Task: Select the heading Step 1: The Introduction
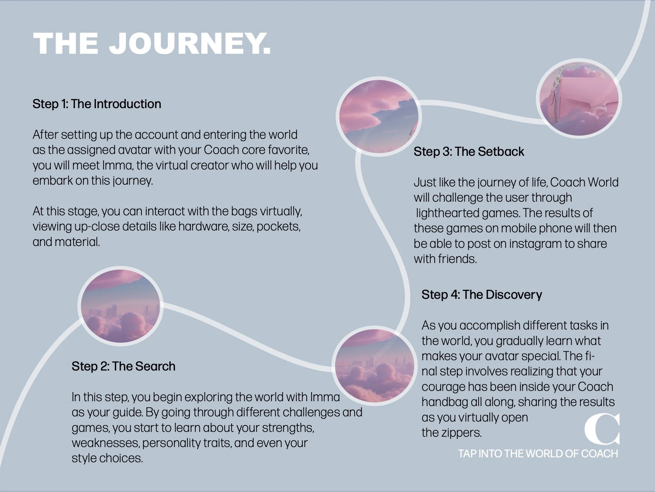coord(97,104)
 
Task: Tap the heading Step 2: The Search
coord(123,366)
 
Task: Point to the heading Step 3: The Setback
coord(469,152)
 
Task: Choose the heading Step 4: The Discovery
coord(482,295)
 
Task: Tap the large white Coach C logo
coord(602,428)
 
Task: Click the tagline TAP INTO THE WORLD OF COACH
coord(538,454)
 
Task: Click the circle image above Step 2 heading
coord(120,306)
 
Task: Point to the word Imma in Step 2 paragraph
coord(325,397)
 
